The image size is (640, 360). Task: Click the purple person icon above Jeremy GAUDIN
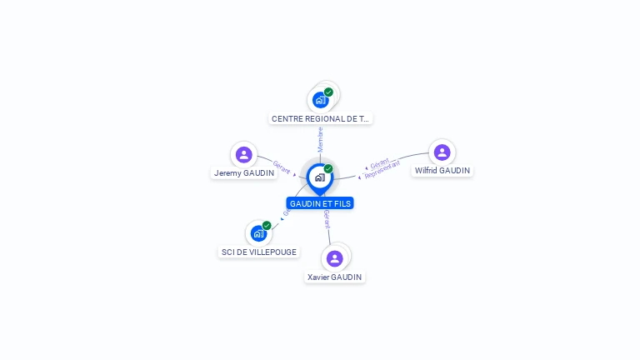[x=243, y=154]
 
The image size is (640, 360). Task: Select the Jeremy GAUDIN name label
[x=244, y=173]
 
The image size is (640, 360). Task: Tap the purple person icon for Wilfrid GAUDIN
[x=442, y=152]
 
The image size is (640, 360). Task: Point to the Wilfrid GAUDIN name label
[x=442, y=171]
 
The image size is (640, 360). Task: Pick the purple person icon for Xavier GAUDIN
[x=334, y=258]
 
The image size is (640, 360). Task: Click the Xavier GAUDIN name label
[x=335, y=277]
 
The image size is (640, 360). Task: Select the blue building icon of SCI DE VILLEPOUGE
[x=258, y=234]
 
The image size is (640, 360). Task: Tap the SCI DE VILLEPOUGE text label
[x=259, y=252]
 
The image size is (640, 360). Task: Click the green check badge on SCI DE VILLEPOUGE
[x=267, y=225]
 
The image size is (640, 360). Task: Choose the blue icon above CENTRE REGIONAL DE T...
[x=320, y=100]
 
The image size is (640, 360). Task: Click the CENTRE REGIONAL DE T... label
[x=321, y=119]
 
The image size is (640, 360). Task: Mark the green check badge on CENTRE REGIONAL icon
[x=328, y=92]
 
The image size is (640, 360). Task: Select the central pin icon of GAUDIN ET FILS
[x=319, y=177]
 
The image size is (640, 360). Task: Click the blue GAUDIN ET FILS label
[x=320, y=203]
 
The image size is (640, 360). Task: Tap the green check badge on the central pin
[x=328, y=168]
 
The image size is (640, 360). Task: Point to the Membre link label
[x=320, y=139]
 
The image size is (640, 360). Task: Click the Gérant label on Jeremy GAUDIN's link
[x=281, y=167]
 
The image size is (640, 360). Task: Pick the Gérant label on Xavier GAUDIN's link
[x=327, y=219]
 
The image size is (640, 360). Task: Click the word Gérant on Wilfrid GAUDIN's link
[x=380, y=162]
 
